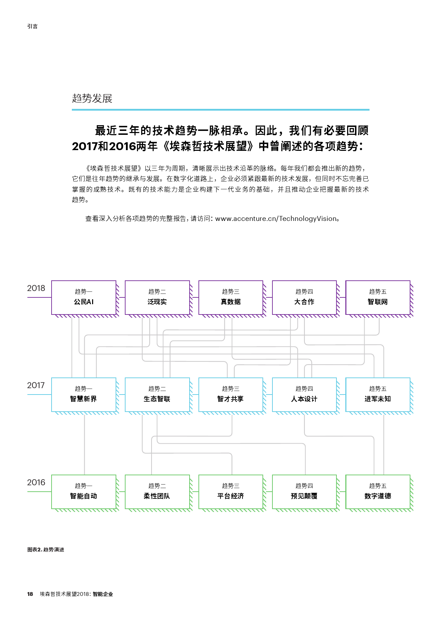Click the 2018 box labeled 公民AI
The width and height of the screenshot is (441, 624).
84,297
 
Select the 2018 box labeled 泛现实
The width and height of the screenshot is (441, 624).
157,297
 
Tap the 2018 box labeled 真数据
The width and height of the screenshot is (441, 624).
231,297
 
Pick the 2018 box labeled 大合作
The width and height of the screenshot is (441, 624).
304,297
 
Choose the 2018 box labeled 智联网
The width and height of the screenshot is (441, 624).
378,297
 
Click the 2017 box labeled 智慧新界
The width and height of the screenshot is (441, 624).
84,395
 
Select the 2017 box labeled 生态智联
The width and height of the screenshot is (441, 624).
157,395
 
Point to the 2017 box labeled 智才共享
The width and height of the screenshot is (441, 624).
231,395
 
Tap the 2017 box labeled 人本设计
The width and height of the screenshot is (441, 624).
304,395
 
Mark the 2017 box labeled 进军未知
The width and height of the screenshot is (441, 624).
378,395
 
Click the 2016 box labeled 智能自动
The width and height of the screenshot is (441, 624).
84,492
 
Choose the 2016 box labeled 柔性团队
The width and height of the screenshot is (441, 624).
157,492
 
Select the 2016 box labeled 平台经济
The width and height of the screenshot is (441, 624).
231,492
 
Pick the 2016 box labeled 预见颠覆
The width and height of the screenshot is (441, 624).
304,492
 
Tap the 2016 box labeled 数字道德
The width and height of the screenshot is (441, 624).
378,492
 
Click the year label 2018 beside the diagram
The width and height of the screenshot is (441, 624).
36,288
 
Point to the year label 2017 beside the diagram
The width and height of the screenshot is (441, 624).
36,385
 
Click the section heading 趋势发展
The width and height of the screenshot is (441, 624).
92,99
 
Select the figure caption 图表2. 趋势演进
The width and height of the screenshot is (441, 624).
46,550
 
